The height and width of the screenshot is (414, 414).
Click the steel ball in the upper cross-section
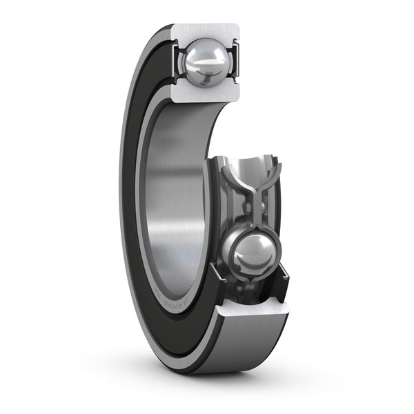coord(204,61)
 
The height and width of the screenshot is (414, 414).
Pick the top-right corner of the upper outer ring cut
coord(238,26)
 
